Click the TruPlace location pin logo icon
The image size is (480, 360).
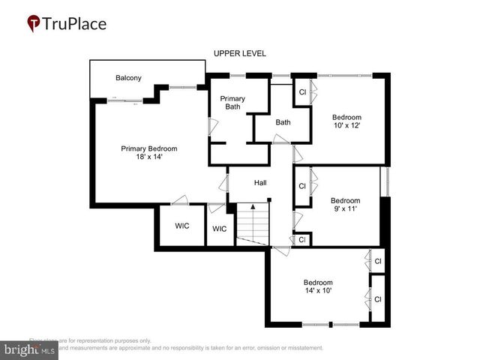34,24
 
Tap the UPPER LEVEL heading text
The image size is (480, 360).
240,53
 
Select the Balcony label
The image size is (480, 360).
128,78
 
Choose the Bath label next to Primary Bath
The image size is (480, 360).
283,122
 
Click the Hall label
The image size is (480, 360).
260,182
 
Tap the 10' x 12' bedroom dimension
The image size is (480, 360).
346,125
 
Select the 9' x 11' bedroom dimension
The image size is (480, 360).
346,209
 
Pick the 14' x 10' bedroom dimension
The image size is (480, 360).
317,290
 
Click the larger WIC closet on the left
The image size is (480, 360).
181,225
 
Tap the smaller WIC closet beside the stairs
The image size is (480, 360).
219,229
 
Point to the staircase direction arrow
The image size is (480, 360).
253,207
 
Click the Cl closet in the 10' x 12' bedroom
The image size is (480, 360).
302,92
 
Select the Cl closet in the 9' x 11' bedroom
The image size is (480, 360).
301,186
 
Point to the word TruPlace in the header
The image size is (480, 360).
75,23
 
